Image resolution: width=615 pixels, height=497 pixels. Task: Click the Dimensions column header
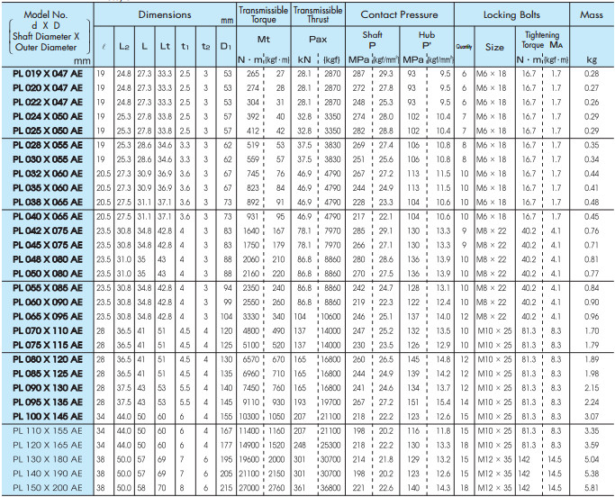click(x=165, y=15)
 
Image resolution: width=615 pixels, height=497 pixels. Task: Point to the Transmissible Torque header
click(x=263, y=15)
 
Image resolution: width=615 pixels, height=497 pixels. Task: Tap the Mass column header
click(x=592, y=15)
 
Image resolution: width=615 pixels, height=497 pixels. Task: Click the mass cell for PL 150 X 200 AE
click(x=592, y=487)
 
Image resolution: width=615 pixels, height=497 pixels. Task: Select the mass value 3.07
click(x=592, y=416)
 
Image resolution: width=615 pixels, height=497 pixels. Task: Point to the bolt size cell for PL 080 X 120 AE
click(x=495, y=358)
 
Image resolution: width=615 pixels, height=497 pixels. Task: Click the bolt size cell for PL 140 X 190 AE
click(x=495, y=473)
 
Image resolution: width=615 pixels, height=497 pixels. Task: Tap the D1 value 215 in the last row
click(x=225, y=487)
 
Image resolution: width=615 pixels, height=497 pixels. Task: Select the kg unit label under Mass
click(x=592, y=59)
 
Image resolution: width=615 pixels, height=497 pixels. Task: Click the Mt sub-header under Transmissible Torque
click(x=263, y=40)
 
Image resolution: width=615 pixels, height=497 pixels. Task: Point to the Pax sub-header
click(x=318, y=40)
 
